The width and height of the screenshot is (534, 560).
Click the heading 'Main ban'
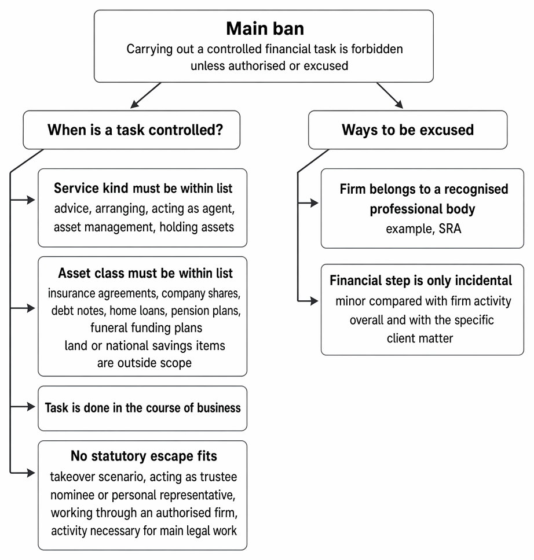click(265, 28)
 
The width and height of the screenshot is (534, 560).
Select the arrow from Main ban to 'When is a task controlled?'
click(146, 95)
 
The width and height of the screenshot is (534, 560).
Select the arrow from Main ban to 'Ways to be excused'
click(390, 95)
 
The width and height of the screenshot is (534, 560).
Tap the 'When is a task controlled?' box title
click(135, 130)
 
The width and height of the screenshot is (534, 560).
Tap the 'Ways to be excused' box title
click(408, 130)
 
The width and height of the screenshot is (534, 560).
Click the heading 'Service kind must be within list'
click(143, 188)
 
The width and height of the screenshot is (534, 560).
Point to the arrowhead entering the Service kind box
click(31, 200)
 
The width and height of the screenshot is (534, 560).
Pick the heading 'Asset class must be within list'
click(145, 273)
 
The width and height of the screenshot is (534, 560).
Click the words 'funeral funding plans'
click(147, 328)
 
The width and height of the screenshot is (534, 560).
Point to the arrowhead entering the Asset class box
click(31, 308)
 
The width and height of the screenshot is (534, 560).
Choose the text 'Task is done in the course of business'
click(142, 408)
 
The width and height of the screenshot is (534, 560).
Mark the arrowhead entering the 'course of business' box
click(31, 407)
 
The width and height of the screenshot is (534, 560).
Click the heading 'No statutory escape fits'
click(144, 456)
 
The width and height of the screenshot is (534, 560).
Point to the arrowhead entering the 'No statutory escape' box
click(31, 473)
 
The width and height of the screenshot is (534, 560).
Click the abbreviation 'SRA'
click(450, 229)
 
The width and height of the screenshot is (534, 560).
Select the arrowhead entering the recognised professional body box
click(314, 203)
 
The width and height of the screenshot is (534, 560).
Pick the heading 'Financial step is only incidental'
click(421, 281)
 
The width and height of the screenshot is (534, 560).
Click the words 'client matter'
click(420, 338)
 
